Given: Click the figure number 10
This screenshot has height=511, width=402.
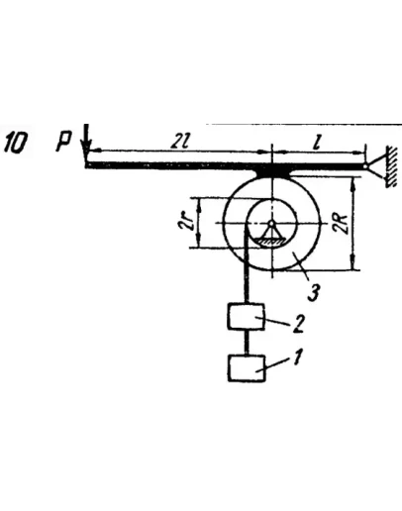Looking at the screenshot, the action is click(15, 144).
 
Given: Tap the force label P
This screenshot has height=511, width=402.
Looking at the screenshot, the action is click(63, 142).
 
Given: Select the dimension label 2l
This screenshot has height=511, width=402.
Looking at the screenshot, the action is click(178, 142).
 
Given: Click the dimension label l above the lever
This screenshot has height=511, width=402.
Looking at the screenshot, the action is click(317, 143).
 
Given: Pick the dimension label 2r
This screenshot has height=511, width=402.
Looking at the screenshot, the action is click(183, 222).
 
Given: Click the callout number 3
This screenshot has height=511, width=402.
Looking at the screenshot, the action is click(313, 292).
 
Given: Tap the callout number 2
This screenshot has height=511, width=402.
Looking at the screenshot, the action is click(297, 324).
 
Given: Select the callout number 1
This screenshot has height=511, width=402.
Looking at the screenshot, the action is click(297, 358).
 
